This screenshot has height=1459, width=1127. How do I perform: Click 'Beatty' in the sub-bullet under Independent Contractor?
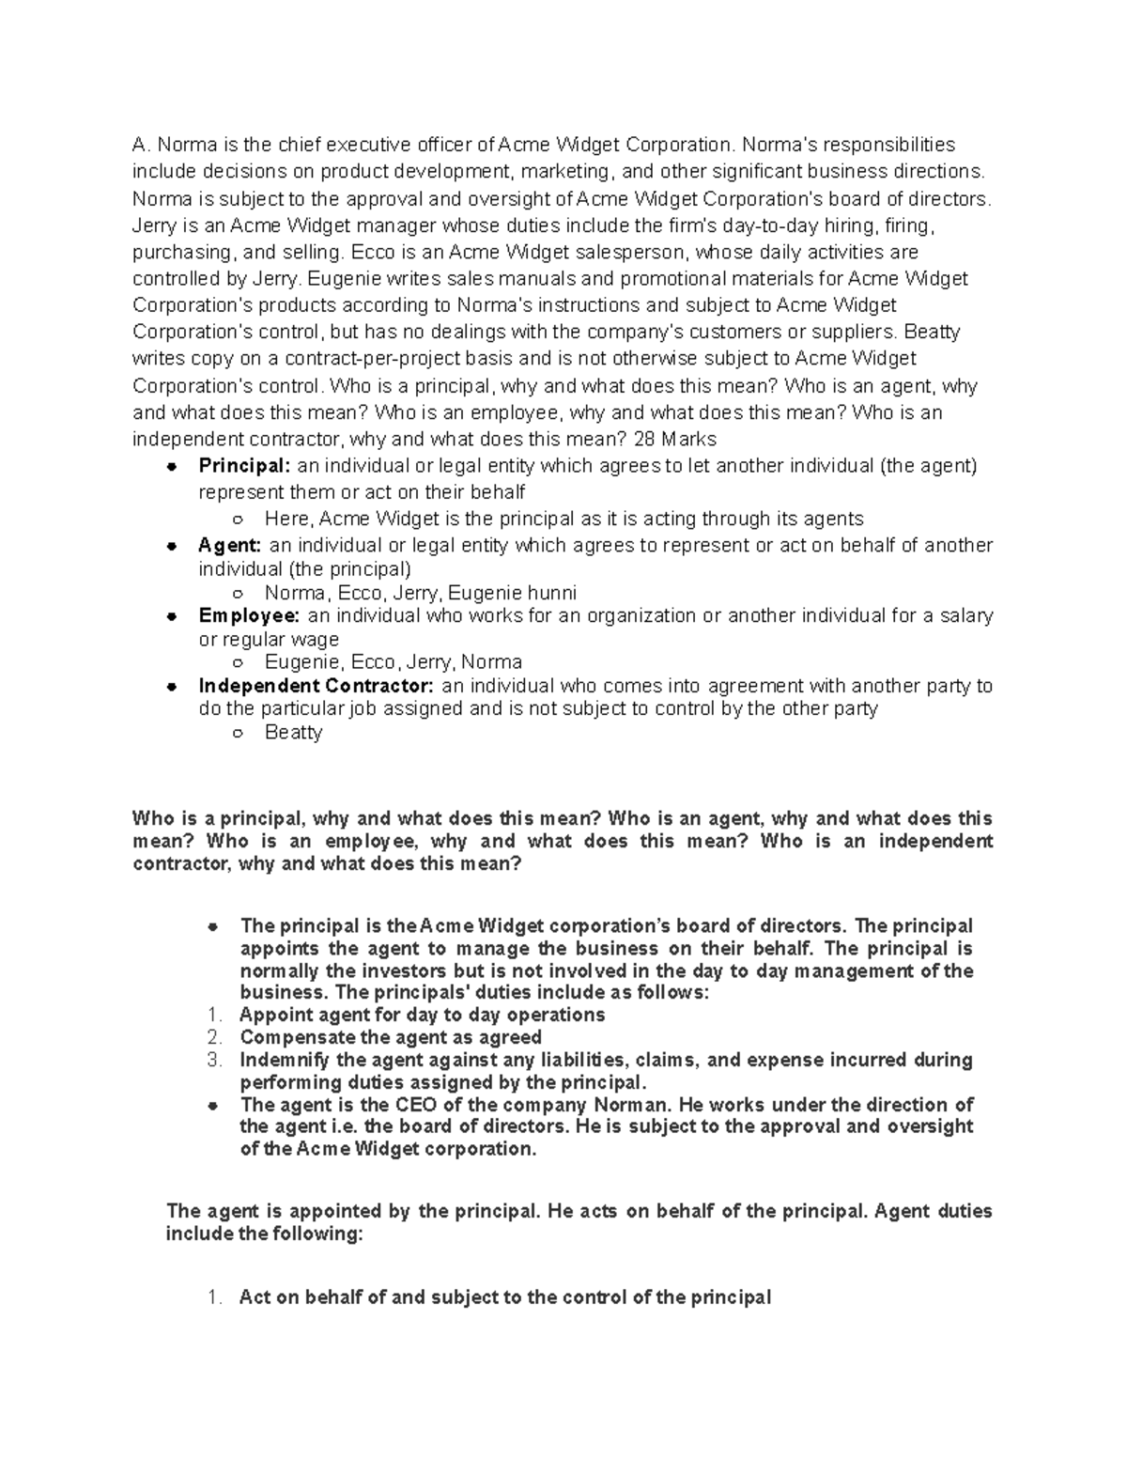(x=293, y=733)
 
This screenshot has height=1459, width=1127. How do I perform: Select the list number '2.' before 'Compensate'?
(x=214, y=1037)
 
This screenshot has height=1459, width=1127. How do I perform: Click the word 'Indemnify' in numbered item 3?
(x=286, y=1060)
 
